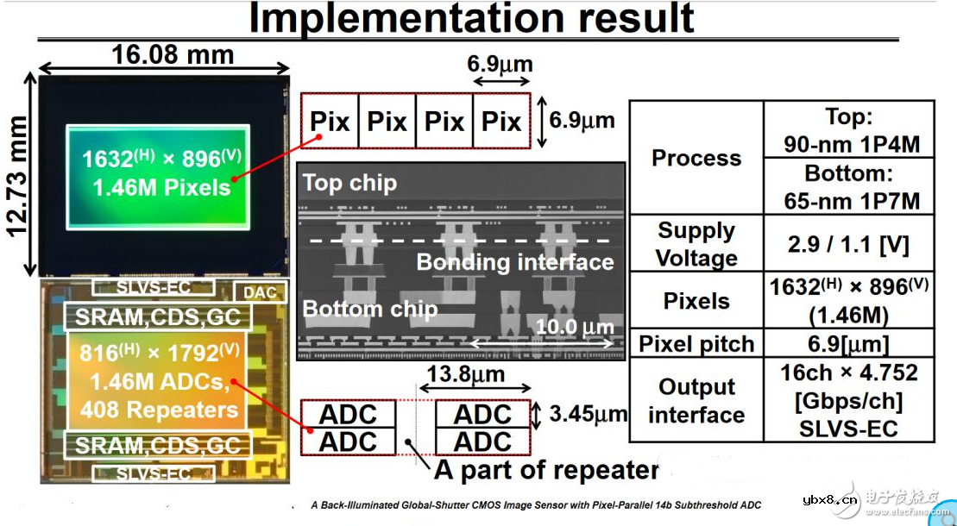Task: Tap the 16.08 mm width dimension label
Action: pos(173,55)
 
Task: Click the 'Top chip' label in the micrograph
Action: pos(349,183)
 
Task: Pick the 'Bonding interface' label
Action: pos(515,262)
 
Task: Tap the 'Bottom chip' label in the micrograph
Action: pos(370,308)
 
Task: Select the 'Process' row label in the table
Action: pos(696,158)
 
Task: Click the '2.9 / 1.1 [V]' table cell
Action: pos(848,244)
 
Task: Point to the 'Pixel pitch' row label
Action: pos(696,344)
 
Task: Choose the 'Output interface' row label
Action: pos(696,401)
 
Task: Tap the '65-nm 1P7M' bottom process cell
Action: pos(848,187)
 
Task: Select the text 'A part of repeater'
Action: pos(545,471)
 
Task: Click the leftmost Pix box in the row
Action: pos(329,121)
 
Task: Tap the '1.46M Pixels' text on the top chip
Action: pos(157,186)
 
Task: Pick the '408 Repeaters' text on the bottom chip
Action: pos(159,409)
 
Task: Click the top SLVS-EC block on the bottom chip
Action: pos(154,287)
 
